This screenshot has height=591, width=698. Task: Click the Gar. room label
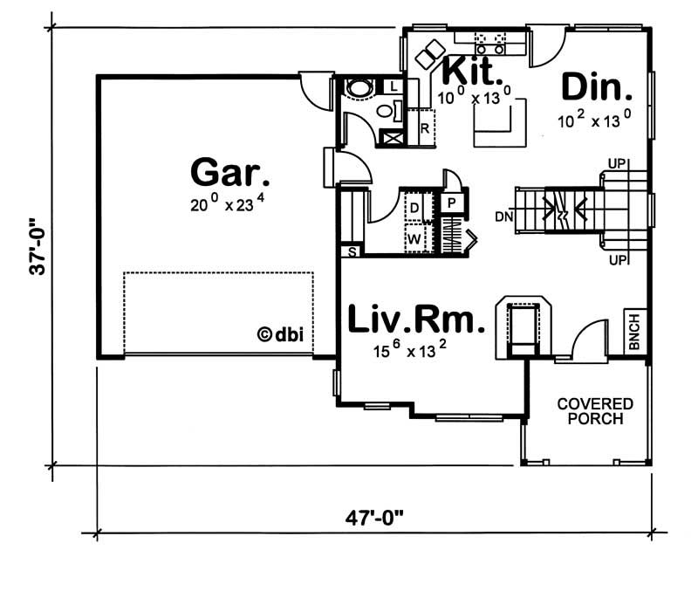point(229,172)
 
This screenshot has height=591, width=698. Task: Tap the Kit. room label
point(473,71)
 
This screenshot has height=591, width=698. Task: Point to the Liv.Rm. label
point(416,319)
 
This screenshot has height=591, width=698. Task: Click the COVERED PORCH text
point(595,411)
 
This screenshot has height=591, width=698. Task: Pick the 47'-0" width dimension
point(374,518)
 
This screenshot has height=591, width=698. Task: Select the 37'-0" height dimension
point(38,246)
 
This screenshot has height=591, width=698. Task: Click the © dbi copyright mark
point(280,334)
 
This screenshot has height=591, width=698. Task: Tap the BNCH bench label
point(634,332)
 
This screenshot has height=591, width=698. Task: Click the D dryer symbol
point(414,208)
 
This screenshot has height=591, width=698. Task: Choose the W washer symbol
point(414,239)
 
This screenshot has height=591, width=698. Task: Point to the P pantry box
point(451,203)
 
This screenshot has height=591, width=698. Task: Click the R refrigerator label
point(425,128)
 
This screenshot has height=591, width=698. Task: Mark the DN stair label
point(504,216)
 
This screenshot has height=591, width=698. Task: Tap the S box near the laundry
point(352,252)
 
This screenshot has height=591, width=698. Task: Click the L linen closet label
point(393,86)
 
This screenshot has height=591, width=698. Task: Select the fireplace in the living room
point(523,326)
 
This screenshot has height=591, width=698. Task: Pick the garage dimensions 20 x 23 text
point(227,203)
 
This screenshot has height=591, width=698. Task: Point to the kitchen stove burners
point(490,43)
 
